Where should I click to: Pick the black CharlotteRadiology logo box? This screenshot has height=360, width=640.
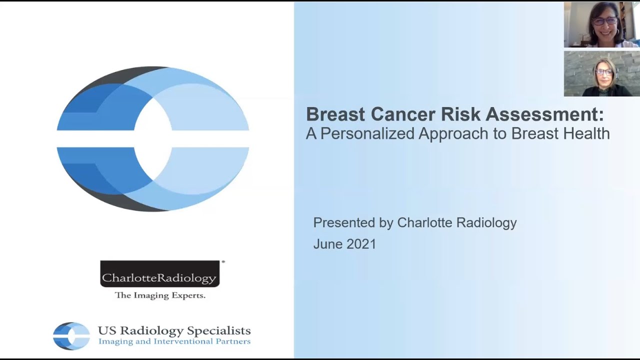pyautogui.click(x=159, y=273)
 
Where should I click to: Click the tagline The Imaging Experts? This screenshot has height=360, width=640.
pyautogui.click(x=160, y=295)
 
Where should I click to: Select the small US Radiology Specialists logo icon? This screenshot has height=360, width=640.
pyautogui.click(x=71, y=335)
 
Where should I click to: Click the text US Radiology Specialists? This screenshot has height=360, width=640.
pyautogui.click(x=174, y=330)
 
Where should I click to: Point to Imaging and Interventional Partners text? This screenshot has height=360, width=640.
pyautogui.click(x=174, y=342)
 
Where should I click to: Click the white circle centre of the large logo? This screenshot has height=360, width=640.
pyautogui.click(x=153, y=139)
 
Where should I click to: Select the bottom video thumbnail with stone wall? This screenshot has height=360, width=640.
pyautogui.click(x=601, y=74)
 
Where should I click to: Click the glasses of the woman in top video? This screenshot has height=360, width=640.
pyautogui.click(x=604, y=21)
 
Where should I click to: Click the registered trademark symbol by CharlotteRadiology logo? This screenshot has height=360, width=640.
pyautogui.click(x=223, y=261)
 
